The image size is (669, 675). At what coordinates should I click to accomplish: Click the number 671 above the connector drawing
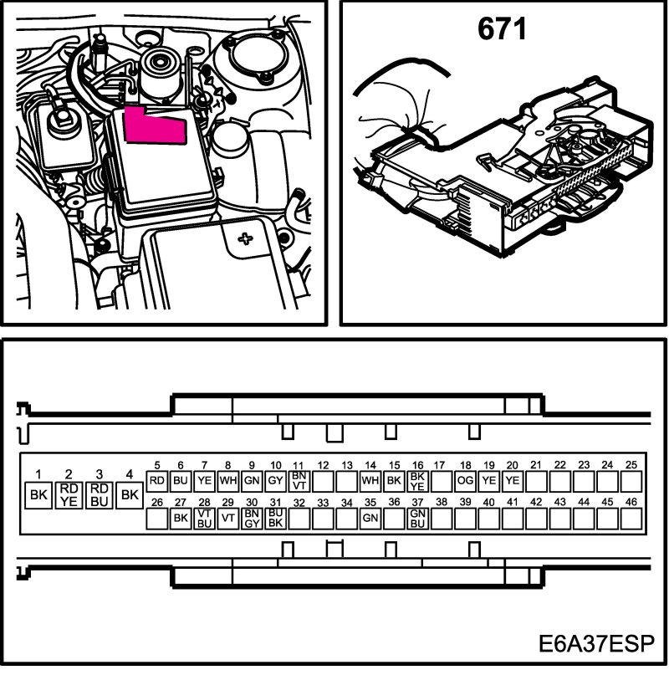502,30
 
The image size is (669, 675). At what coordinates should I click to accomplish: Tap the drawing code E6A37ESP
600,646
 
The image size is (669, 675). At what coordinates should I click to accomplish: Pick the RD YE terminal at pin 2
69,494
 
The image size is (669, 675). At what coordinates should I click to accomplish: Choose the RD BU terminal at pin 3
100,494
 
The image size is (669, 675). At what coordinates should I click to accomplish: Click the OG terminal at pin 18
466,481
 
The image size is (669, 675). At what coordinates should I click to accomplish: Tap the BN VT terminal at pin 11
299,481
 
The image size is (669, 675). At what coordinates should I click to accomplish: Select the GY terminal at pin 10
275,481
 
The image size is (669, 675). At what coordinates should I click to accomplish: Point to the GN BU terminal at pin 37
418,518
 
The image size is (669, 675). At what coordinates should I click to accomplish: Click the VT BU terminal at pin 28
203,518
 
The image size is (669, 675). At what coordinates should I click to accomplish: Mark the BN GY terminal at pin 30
252,518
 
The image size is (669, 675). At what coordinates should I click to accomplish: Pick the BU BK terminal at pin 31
275,518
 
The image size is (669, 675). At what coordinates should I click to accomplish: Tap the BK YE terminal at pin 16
418,481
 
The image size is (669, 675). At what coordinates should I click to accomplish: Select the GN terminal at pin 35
370,518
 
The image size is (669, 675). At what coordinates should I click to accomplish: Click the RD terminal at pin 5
156,481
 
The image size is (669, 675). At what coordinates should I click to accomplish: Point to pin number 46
632,502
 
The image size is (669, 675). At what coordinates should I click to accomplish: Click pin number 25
632,465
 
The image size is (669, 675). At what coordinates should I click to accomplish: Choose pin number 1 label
38,474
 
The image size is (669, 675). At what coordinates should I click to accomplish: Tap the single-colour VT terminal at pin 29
227,518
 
